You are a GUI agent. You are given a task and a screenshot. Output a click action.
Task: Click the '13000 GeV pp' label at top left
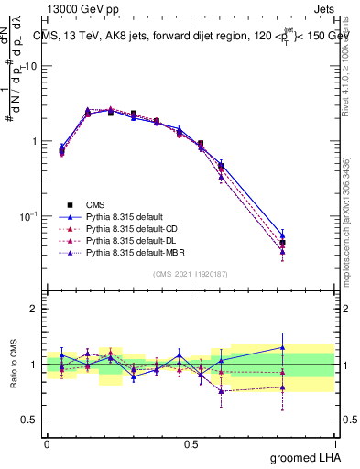coord(79,8)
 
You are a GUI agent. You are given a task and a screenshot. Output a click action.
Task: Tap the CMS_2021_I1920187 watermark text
coord(191,274)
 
